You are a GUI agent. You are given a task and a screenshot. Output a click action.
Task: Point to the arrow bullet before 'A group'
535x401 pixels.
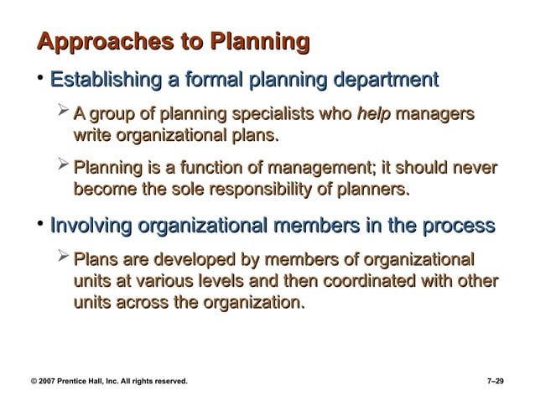[x=64, y=112]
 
